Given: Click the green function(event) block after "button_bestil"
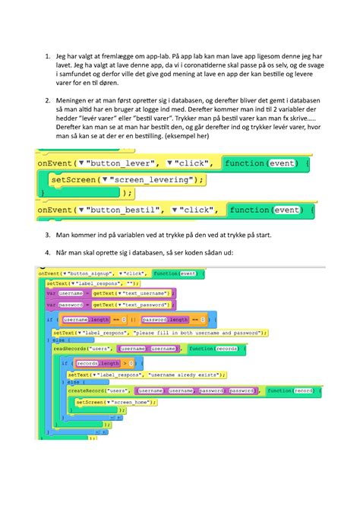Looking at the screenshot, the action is pos(266,209).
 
